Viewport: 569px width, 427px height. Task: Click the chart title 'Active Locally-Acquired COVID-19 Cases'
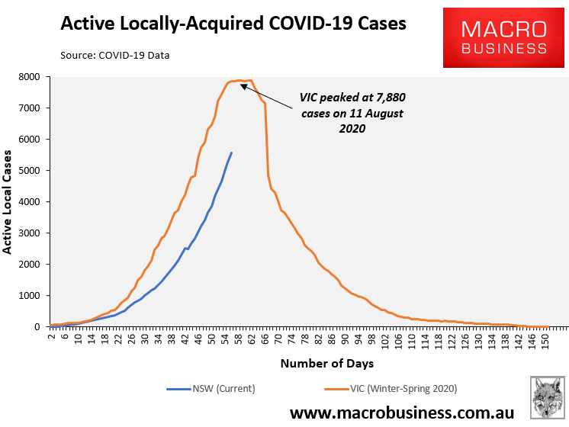pyautogui.click(x=233, y=24)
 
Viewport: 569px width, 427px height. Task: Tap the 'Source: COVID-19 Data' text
pyautogui.click(x=115, y=55)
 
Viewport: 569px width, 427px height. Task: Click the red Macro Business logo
pyautogui.click(x=503, y=38)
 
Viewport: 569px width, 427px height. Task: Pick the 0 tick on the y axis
pyautogui.click(x=36, y=327)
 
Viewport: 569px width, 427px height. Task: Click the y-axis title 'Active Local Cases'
pyautogui.click(x=8, y=202)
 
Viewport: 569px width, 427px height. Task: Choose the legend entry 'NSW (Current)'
pyautogui.click(x=211, y=389)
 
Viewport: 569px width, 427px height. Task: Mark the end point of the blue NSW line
pyautogui.click(x=231, y=152)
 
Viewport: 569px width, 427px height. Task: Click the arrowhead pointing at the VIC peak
pyautogui.click(x=243, y=85)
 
